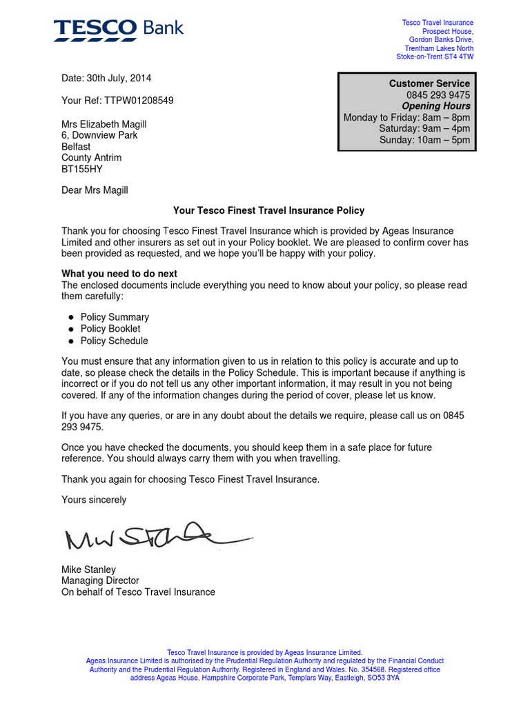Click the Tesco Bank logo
tap(119, 28)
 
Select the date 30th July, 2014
tap(106, 78)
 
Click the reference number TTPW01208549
tap(117, 101)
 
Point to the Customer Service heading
tap(429, 83)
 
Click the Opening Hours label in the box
tap(436, 106)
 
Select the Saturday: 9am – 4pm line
tap(424, 129)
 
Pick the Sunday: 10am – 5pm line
tap(424, 140)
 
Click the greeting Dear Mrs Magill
tap(95, 190)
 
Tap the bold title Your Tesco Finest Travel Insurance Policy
tap(268, 210)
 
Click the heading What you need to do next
tap(119, 274)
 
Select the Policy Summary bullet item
tap(115, 317)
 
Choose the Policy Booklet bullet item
tap(110, 329)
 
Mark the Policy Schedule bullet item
tap(114, 341)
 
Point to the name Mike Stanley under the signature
tap(88, 569)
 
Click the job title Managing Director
tap(100, 581)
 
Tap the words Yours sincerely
tap(94, 499)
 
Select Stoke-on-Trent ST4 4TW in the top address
tap(435, 57)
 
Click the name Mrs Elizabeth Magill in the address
tap(104, 124)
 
